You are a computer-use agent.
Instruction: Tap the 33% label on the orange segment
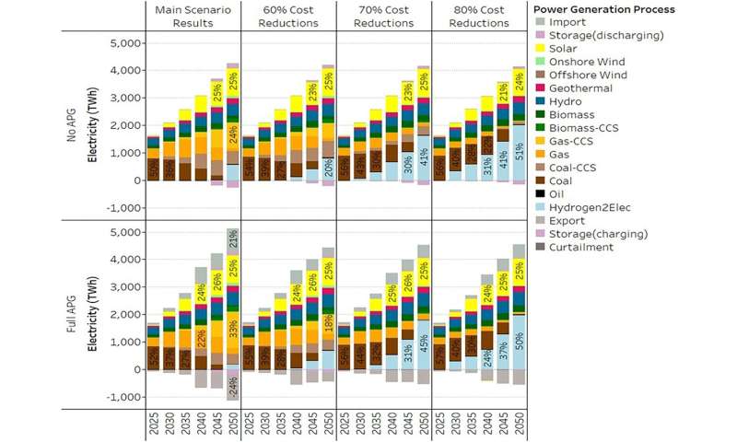tap(232, 324)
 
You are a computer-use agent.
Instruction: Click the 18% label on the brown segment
tap(328, 322)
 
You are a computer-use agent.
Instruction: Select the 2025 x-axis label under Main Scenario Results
tap(152, 425)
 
